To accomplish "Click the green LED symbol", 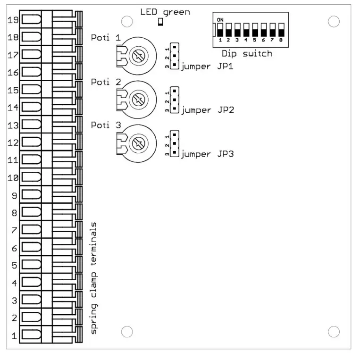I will point(160,22).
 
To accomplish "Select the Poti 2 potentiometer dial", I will point(137,100).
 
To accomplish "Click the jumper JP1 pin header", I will point(175,56).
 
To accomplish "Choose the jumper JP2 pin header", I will point(175,100).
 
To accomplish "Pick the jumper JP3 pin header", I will point(175,143).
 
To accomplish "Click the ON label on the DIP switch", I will point(220,19).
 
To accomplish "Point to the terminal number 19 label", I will point(13,20).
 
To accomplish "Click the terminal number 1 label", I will point(15,335).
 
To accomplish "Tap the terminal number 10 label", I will point(13,178).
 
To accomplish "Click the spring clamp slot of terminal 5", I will point(31,265).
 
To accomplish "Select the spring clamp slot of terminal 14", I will point(31,108).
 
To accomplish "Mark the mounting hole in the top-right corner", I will point(334,21).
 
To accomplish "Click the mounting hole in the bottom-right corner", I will point(334,331).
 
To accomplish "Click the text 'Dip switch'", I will point(247,53).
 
